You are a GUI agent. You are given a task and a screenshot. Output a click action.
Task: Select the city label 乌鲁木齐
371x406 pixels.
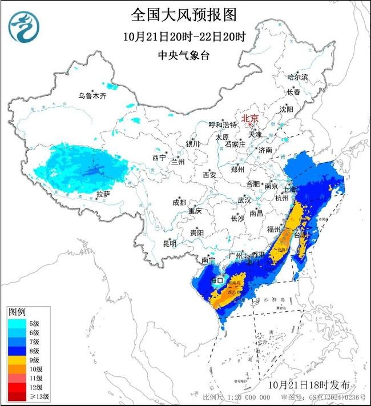point(92,96)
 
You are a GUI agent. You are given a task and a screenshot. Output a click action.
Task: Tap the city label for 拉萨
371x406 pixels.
point(103,195)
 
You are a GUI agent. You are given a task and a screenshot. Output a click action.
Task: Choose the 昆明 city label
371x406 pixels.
point(170,243)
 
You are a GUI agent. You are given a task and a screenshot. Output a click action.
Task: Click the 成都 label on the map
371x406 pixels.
point(179,203)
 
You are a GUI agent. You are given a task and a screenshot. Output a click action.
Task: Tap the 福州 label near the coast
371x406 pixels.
point(275,228)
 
